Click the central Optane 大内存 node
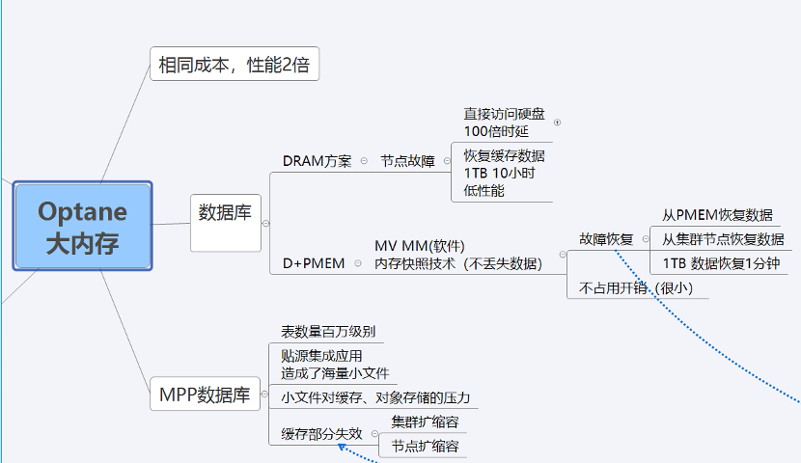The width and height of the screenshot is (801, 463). point(83,226)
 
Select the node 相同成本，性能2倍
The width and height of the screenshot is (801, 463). point(235,66)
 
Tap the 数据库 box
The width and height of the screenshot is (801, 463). point(225,213)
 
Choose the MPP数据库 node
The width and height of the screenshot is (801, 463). point(205,395)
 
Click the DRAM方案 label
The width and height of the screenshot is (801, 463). point(317,161)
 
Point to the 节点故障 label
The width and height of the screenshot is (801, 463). point(407,161)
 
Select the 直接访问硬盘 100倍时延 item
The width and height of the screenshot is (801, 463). point(503,123)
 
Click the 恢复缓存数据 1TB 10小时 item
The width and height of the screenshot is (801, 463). point(503,173)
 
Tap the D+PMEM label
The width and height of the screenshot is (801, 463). point(313,263)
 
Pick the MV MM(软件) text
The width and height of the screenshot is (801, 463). point(426,246)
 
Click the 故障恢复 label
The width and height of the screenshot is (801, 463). point(606,238)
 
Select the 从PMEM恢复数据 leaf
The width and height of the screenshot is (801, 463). point(716,215)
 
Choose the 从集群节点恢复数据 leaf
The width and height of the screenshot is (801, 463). point(723,238)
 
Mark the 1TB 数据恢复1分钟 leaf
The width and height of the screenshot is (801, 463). point(721,262)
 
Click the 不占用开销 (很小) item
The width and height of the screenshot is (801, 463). point(636,286)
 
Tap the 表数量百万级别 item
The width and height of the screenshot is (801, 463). point(328,332)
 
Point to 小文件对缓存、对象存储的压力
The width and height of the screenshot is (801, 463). point(375,397)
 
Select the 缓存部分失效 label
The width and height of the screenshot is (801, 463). point(321,434)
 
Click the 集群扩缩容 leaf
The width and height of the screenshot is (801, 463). point(425,422)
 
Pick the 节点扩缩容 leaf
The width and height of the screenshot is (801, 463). point(425,446)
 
